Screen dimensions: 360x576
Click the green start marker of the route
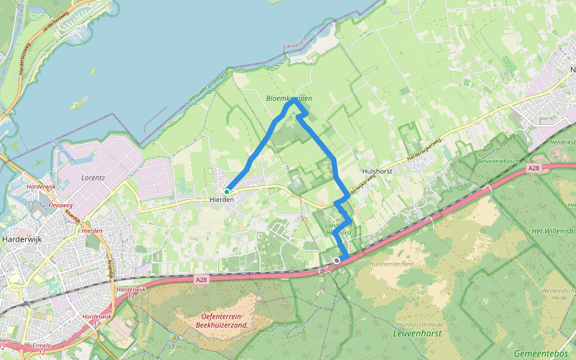[x=227, y=192]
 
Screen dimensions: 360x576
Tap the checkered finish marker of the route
[x=338, y=260]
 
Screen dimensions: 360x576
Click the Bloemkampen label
[x=289, y=98]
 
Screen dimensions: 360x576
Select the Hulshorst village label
[x=377, y=171]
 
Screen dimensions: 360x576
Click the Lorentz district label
[x=93, y=178]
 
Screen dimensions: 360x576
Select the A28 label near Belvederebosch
[x=534, y=169]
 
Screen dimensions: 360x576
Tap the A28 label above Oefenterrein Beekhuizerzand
[x=201, y=278]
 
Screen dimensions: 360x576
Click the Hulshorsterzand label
[x=392, y=264]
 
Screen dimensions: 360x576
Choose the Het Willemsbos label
[x=553, y=230]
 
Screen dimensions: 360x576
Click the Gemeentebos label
[x=541, y=354]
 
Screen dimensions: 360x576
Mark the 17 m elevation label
[x=175, y=347]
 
